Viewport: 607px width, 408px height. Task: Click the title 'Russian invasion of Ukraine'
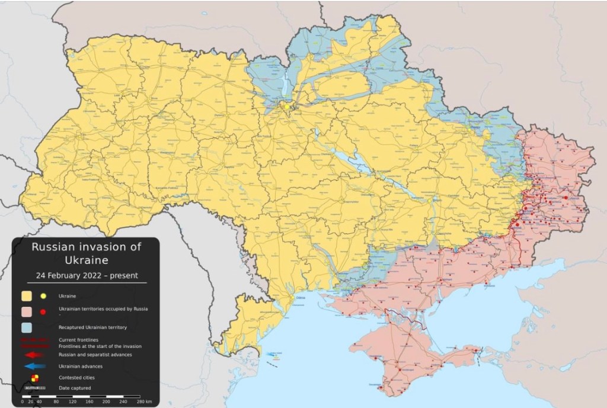[87, 253]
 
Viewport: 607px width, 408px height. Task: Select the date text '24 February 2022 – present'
[86, 275]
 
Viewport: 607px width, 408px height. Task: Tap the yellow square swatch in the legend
[27, 295]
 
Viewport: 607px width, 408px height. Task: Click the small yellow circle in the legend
[43, 295]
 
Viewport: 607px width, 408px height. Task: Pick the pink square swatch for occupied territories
[27, 311]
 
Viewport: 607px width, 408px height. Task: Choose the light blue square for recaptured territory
[27, 327]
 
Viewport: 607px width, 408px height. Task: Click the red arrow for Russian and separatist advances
[35, 354]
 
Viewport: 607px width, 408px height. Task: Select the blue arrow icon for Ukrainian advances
[35, 366]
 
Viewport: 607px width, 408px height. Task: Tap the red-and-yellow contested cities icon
[35, 377]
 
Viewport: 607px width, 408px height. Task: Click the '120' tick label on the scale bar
[73, 401]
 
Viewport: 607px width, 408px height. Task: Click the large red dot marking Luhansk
[566, 198]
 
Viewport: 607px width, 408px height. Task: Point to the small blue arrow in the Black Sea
[271, 354]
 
